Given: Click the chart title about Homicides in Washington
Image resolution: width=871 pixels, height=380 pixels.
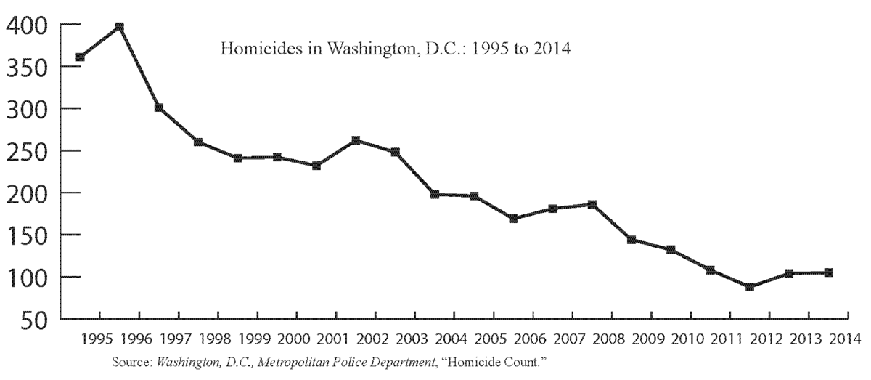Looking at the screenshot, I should pos(396,50).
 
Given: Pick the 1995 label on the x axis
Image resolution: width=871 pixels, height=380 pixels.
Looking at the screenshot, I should pos(97,339).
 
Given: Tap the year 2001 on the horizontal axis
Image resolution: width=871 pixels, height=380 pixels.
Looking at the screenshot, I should pos(334,339).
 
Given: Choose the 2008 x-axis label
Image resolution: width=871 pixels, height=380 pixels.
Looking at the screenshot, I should pos(610,339).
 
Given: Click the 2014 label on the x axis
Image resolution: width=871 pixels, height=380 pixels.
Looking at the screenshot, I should pos(846,339).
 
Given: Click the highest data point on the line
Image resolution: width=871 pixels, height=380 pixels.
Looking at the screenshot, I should pos(120,27).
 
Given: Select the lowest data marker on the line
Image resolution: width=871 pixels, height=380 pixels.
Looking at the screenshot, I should pos(750,287).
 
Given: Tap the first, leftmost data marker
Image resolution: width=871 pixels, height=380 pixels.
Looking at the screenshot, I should pos(80,57).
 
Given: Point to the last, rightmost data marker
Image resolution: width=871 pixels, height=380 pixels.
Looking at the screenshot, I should pos(828,272).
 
